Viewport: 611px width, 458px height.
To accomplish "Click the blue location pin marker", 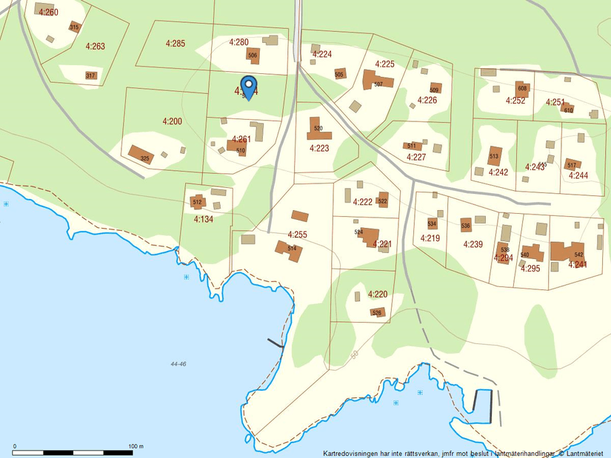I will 249,85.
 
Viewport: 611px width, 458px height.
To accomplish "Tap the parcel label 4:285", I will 176,43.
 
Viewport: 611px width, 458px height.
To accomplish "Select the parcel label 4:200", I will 172,121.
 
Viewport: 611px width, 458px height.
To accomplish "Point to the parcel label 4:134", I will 203,219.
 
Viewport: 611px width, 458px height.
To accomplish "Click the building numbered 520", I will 317,129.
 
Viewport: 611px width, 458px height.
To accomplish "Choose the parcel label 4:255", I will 297,235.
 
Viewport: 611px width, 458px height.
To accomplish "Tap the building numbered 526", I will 376,311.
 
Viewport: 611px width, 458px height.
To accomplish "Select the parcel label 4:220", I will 378,294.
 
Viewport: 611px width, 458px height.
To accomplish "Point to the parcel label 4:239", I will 473,244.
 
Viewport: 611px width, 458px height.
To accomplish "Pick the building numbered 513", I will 495,157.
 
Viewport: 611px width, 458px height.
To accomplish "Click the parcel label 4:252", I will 515,101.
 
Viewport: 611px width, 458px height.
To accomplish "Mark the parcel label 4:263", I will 95,46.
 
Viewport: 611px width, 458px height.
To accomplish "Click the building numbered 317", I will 90,75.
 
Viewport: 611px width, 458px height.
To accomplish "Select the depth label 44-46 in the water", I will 178,364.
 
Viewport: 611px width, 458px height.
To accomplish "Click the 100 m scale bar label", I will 136,446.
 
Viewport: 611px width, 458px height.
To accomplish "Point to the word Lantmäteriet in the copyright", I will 585,453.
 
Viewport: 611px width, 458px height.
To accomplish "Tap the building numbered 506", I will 253,55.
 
